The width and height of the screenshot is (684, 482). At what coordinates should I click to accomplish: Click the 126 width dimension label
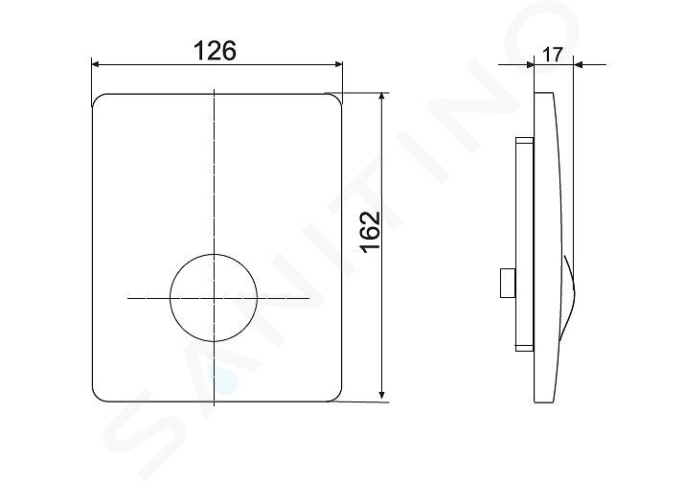pos(215,50)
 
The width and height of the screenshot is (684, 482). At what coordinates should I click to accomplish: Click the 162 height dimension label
pos(371,231)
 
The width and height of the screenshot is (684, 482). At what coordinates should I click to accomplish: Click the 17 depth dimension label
pos(553,55)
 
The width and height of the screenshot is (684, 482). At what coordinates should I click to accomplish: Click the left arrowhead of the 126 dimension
pos(97,64)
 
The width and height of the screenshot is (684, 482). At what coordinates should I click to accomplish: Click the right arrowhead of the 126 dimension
pos(337,64)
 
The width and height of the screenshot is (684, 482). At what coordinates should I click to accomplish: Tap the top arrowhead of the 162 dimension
pos(382,98)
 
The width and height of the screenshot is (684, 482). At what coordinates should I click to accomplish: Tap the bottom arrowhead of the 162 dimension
pos(382,395)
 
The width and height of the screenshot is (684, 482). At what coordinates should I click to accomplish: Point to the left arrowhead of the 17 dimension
pos(530,65)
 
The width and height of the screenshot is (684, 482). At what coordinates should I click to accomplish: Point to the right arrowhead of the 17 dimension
pos(579,65)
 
